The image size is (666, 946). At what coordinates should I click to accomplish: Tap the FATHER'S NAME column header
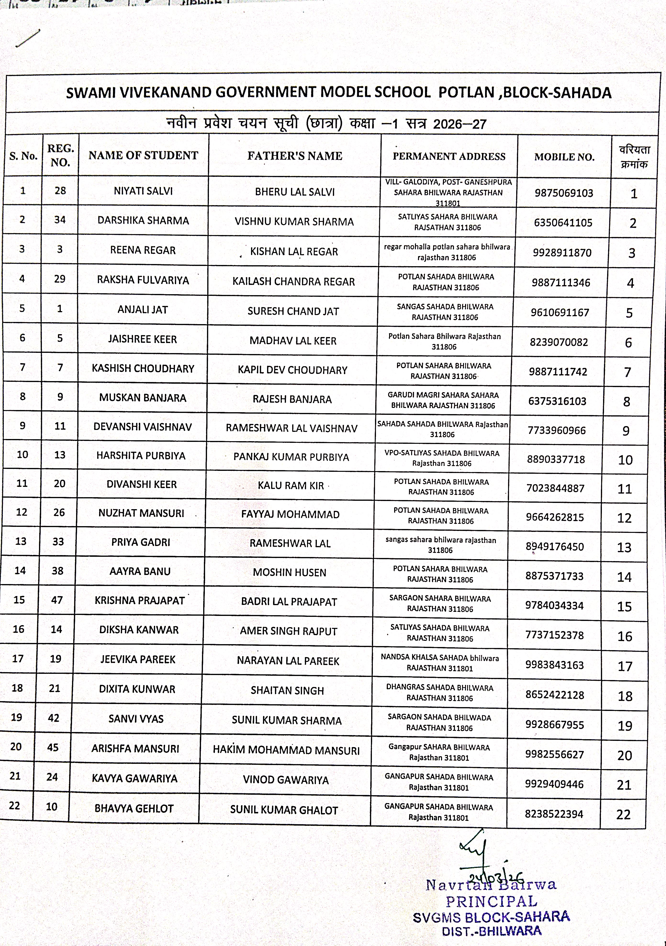295,156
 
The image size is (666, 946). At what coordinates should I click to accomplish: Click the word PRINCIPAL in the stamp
491,901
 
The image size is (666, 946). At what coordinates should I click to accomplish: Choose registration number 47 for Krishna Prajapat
57,600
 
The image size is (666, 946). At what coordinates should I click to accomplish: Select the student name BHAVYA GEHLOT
134,808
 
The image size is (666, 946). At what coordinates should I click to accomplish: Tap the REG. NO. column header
61,155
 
